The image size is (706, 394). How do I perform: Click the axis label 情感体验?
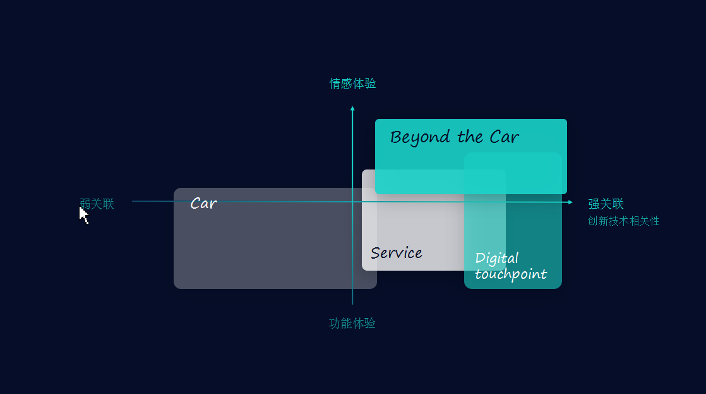(x=353, y=83)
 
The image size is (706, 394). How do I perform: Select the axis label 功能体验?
(x=352, y=323)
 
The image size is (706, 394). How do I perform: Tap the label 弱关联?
(x=97, y=204)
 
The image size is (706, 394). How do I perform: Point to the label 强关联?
(x=606, y=204)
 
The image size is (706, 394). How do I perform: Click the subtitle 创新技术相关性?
(x=623, y=221)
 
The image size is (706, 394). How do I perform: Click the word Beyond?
(x=420, y=138)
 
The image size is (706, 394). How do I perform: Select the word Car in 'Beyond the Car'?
(x=504, y=137)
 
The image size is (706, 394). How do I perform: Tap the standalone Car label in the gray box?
(x=203, y=204)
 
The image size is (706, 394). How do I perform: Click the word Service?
(x=397, y=253)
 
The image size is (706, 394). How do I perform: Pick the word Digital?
(x=496, y=258)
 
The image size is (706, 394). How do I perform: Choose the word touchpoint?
(x=510, y=274)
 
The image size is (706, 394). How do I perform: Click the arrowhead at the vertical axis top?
(x=352, y=108)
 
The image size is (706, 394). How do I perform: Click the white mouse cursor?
(x=83, y=214)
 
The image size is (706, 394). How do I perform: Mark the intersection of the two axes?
(x=352, y=202)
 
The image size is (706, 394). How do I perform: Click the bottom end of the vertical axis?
(x=352, y=304)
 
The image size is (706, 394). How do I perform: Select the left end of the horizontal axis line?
(x=133, y=201)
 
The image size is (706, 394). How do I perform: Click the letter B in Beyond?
(x=396, y=137)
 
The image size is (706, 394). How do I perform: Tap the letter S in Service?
(x=375, y=253)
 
